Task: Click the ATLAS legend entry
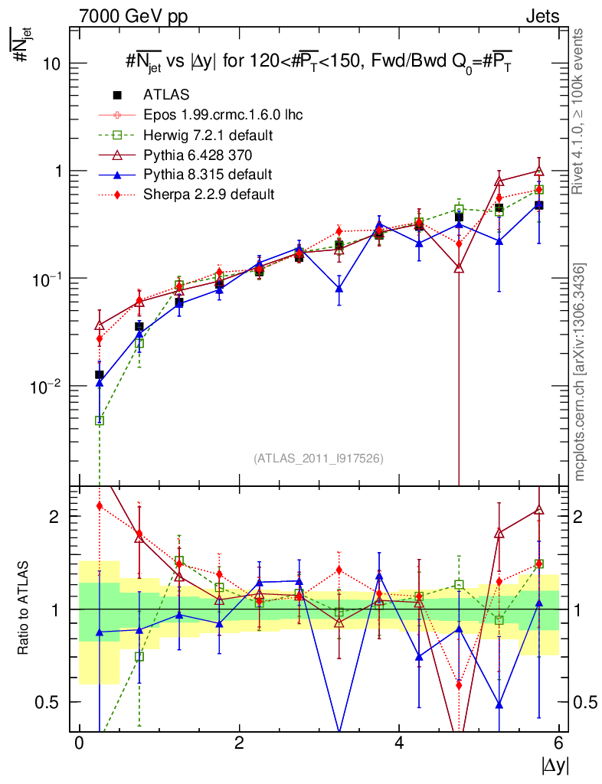(x=166, y=95)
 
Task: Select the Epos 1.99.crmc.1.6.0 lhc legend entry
(x=223, y=115)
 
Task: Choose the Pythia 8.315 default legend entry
(x=208, y=175)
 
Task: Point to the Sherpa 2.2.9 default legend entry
(x=208, y=194)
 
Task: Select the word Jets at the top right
(x=542, y=16)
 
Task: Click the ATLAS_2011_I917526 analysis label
(x=318, y=458)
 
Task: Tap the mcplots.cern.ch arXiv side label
(x=581, y=371)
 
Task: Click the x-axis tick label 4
(x=399, y=744)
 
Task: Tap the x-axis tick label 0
(x=79, y=744)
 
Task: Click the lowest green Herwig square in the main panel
(x=100, y=420)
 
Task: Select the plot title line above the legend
(x=319, y=64)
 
